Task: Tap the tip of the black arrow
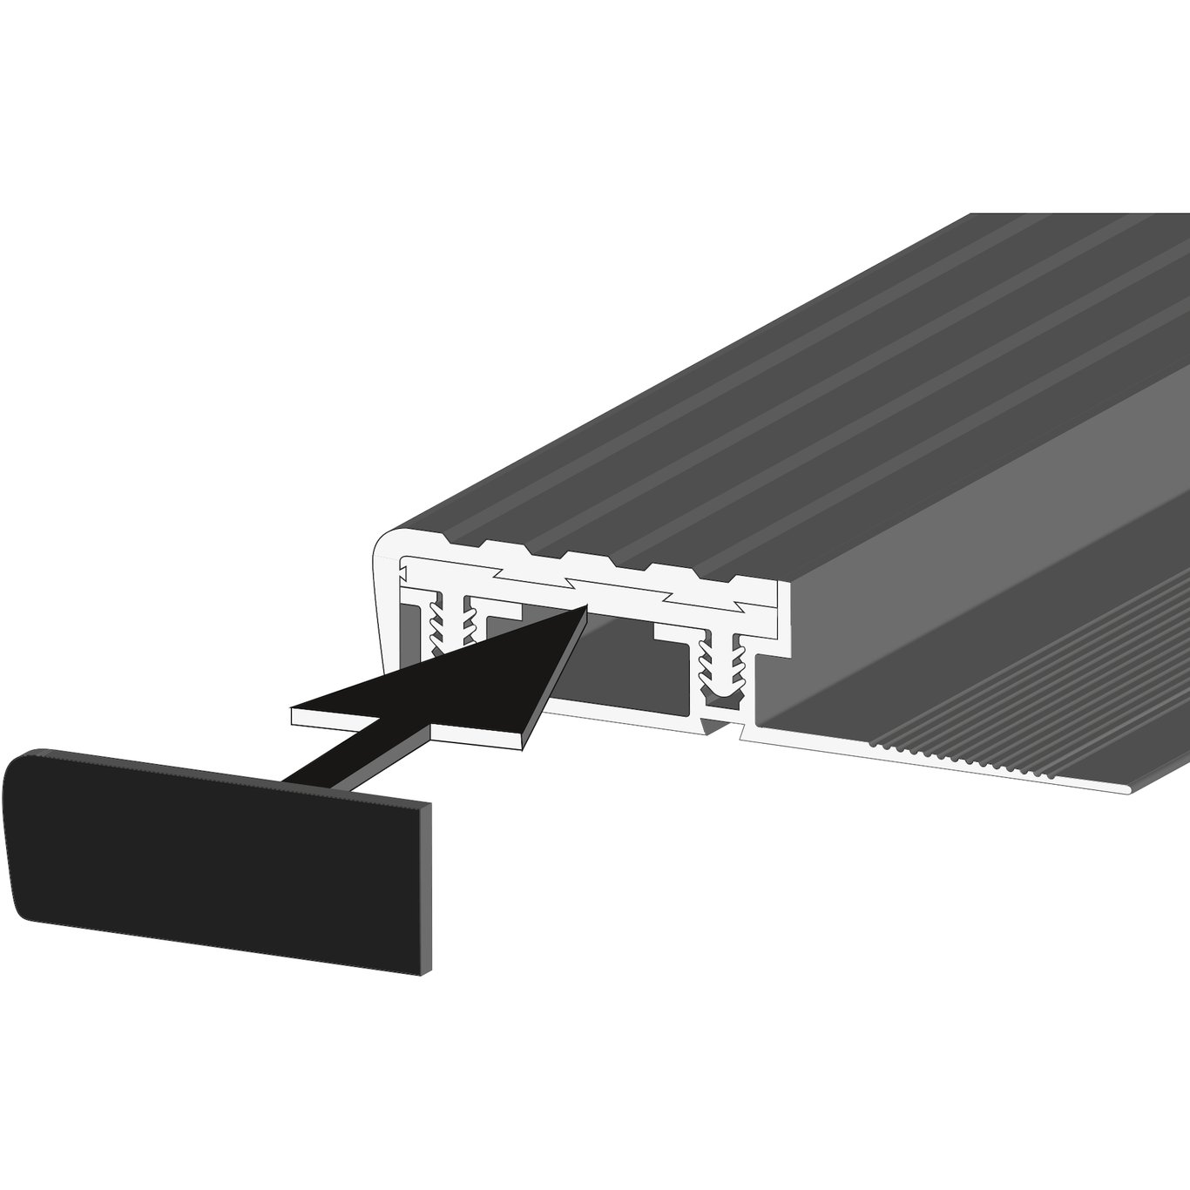pyautogui.click(x=582, y=612)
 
